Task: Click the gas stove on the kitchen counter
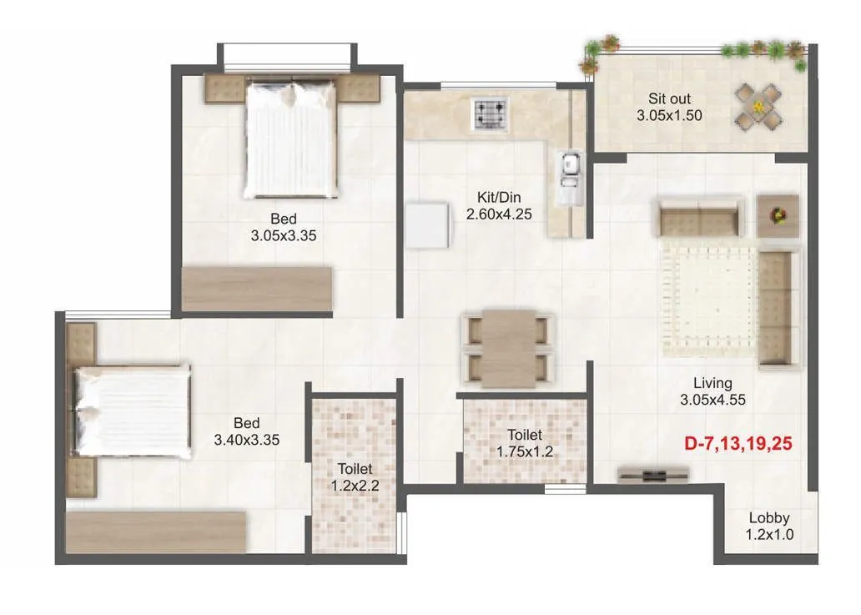click(489, 115)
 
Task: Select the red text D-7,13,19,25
click(738, 444)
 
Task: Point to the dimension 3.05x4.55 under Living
click(712, 400)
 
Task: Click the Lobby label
click(768, 517)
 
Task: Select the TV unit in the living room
click(654, 474)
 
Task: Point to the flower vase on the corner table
click(778, 215)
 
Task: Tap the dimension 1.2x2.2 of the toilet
click(355, 486)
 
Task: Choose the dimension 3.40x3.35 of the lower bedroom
click(246, 439)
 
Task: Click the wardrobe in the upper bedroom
click(257, 290)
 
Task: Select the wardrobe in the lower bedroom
click(157, 532)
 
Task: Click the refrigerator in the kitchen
click(428, 225)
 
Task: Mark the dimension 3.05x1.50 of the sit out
click(669, 116)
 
